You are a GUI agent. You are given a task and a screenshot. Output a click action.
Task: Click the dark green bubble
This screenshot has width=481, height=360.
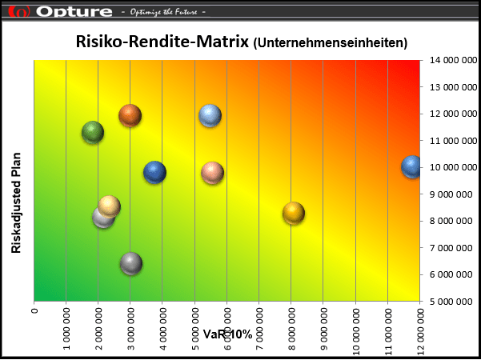click(x=93, y=133)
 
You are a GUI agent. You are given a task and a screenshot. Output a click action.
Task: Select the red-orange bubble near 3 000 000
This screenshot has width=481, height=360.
click(x=130, y=115)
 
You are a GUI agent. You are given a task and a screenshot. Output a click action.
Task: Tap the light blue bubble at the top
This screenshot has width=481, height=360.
click(x=210, y=115)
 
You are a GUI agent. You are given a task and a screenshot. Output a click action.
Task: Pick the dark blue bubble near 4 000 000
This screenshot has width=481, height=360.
click(x=154, y=172)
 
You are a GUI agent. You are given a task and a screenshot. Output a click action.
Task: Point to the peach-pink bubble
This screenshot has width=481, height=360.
click(x=212, y=172)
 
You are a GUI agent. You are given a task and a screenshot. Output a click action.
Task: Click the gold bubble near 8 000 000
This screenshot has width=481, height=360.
click(x=294, y=213)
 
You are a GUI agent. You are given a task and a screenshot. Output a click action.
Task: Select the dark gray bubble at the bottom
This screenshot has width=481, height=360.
click(x=131, y=263)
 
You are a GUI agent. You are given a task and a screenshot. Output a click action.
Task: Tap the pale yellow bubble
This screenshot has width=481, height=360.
click(x=110, y=206)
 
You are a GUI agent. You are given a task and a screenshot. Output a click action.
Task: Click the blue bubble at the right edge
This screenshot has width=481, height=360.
click(x=411, y=166)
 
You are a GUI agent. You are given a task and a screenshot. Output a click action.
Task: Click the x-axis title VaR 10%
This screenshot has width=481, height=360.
click(x=227, y=333)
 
